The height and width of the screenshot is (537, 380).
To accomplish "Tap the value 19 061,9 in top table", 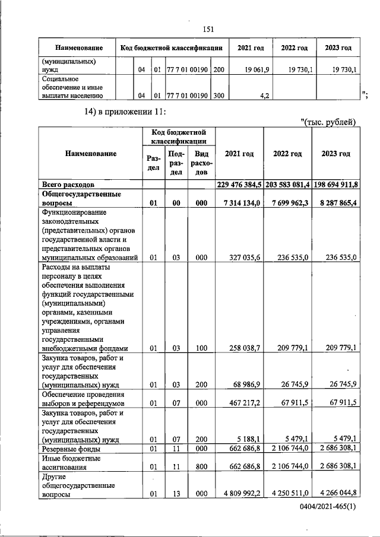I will (x=257, y=70).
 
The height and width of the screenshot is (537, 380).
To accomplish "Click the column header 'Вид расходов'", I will (x=201, y=163).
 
